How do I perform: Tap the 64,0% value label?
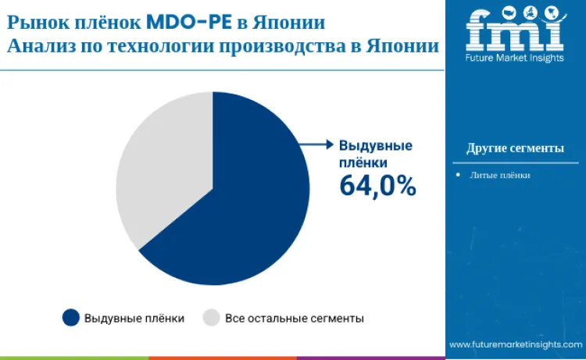point(377,186)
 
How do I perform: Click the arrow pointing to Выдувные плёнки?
point(316,144)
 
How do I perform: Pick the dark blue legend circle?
point(71,318)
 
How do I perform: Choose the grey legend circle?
point(211,318)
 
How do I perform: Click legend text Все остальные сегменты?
point(295,319)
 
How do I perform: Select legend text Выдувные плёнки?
point(134,319)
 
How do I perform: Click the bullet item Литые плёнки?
point(500,175)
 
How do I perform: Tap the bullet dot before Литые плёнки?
point(458,175)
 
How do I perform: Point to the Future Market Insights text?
point(513,58)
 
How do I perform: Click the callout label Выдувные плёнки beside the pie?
point(375,154)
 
